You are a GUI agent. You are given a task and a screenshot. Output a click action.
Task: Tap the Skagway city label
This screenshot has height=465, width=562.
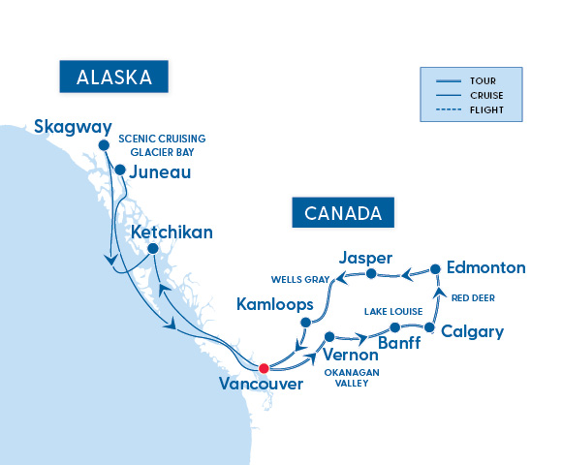coord(73,126)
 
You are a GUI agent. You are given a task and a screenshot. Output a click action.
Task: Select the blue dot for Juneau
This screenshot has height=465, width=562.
coord(120,170)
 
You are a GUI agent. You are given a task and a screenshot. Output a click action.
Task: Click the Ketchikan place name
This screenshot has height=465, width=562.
coord(172,233)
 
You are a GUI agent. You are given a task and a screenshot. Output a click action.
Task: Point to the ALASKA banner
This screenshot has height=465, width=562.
coord(113,77)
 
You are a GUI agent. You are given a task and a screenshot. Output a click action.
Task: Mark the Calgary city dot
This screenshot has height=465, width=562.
coord(429,328)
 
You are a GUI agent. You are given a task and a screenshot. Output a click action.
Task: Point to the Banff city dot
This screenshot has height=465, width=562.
coord(394,328)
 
